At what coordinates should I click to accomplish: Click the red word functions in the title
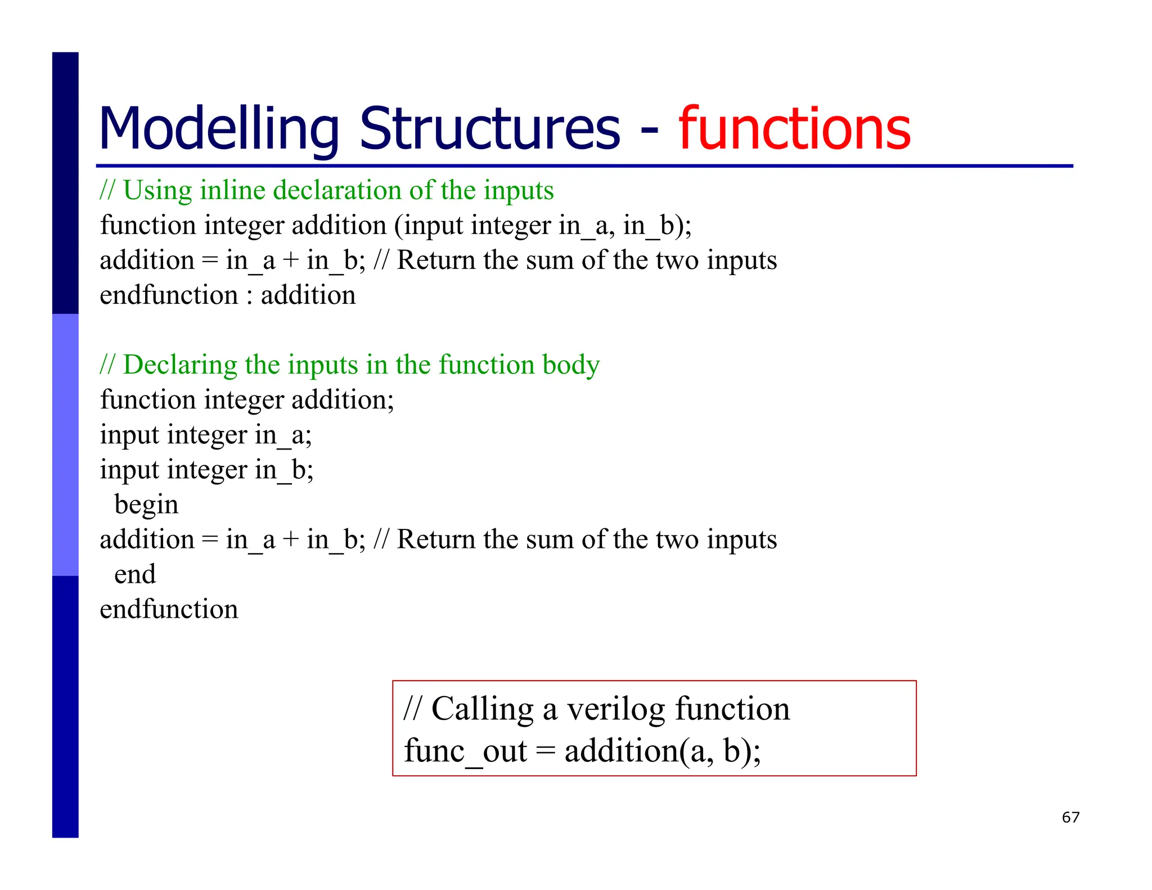(x=794, y=129)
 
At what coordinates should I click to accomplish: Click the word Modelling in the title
(x=218, y=129)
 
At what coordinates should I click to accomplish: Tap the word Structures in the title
(x=489, y=129)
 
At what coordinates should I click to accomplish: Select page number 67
(x=1070, y=817)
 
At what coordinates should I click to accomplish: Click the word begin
(x=146, y=505)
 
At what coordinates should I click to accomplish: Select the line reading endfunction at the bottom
(x=169, y=609)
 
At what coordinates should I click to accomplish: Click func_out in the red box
(x=465, y=751)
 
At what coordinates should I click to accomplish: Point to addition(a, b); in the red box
(x=662, y=751)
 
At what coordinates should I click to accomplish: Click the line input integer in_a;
(x=205, y=435)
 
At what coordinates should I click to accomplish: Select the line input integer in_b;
(x=206, y=470)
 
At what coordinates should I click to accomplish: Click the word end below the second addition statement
(x=135, y=574)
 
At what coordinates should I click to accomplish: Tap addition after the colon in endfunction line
(x=308, y=295)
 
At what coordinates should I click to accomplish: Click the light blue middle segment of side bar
(x=65, y=444)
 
